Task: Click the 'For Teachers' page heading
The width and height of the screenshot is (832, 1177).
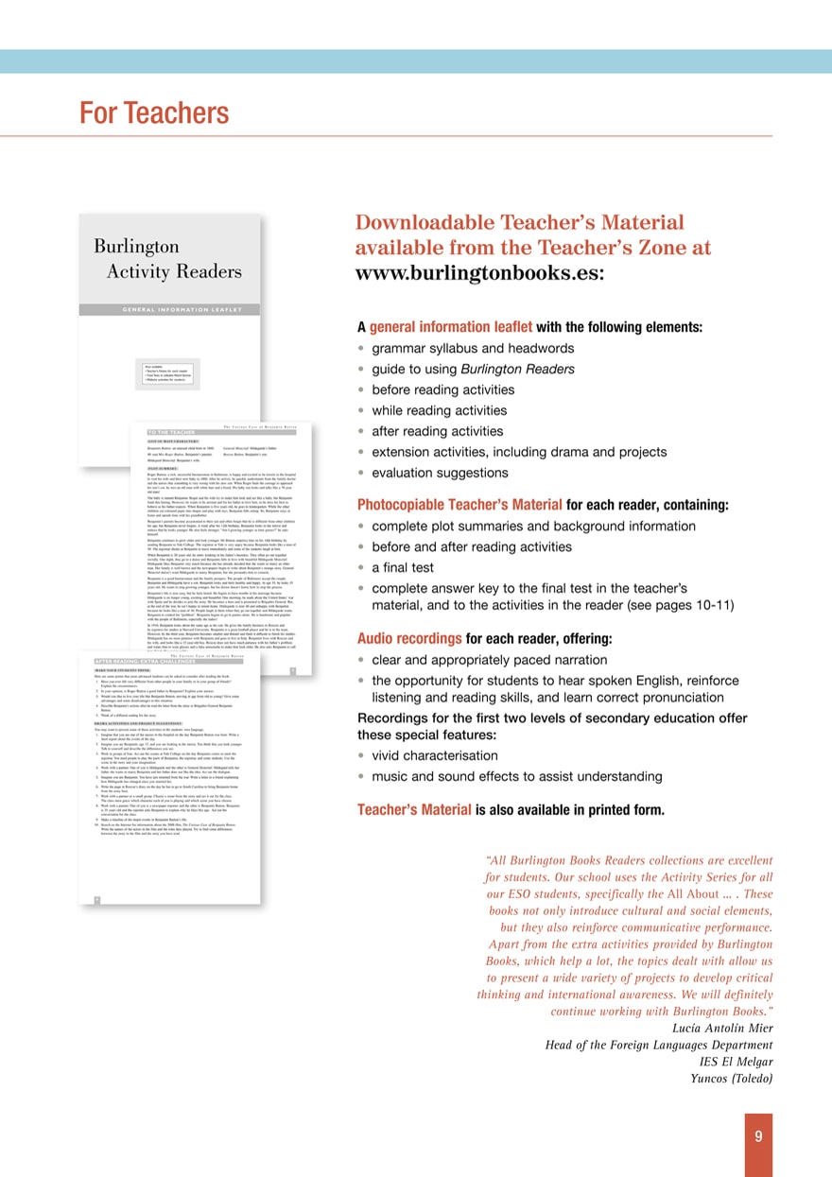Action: (154, 113)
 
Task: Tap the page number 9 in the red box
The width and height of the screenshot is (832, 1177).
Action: (757, 1137)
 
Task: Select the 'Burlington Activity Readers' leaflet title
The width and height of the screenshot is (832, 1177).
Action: (167, 259)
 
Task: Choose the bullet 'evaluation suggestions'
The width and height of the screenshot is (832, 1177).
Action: (440, 473)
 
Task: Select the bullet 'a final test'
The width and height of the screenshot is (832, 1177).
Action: (403, 567)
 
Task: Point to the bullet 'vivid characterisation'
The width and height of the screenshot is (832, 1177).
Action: (435, 755)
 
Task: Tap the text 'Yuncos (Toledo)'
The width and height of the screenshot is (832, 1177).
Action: (732, 1079)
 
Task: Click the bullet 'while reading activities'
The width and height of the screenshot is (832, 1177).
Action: (439, 410)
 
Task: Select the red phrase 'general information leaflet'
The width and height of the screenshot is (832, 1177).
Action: (450, 327)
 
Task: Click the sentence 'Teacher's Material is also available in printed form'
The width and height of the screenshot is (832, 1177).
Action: (511, 809)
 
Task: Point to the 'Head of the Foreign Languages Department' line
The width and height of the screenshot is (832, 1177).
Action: (658, 1045)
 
